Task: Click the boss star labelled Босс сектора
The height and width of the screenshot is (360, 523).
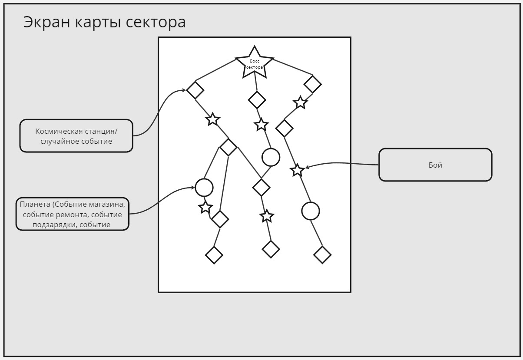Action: click(x=255, y=63)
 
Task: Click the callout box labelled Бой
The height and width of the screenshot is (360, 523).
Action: click(x=435, y=165)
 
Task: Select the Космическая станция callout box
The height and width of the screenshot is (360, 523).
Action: click(x=76, y=135)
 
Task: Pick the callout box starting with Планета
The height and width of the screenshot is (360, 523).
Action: click(x=73, y=214)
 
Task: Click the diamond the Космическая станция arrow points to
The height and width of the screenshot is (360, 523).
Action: click(x=195, y=90)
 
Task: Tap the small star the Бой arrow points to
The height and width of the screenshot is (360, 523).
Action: click(x=297, y=170)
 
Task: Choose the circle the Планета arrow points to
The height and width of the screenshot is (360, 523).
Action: click(x=204, y=188)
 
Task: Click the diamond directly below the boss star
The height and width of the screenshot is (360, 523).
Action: click(x=257, y=100)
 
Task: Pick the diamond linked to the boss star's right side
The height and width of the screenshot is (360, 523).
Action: click(x=313, y=84)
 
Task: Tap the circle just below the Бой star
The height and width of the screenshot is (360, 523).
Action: click(x=311, y=211)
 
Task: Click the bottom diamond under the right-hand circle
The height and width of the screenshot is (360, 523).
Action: click(x=322, y=255)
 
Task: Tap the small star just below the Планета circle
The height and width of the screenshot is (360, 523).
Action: click(x=205, y=208)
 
